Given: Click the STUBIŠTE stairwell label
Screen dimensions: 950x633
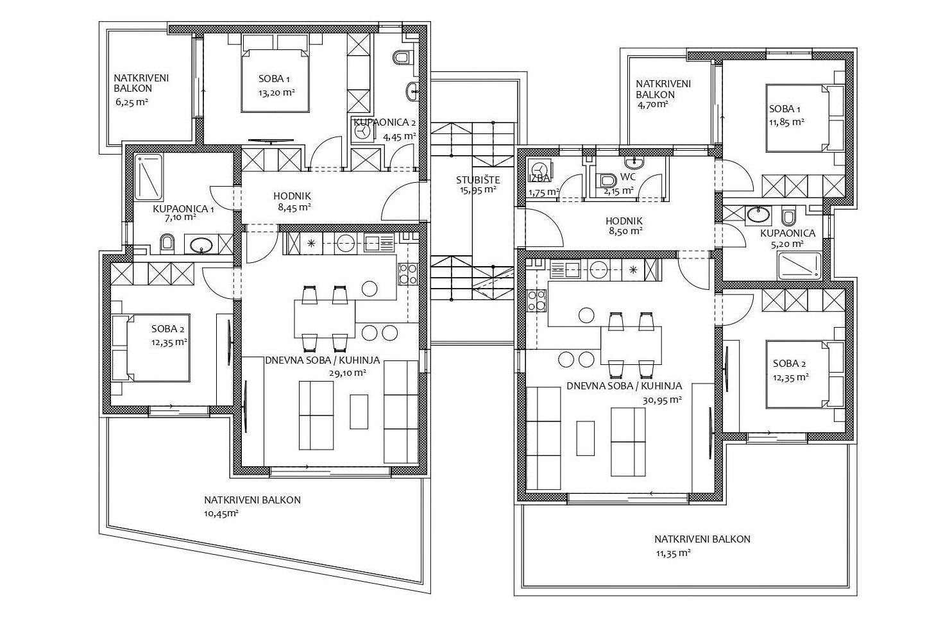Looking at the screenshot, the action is pyautogui.click(x=478, y=180).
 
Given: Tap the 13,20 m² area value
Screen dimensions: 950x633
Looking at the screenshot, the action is pyautogui.click(x=276, y=93).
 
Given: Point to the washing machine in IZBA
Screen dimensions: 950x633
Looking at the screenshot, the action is pyautogui.click(x=540, y=169).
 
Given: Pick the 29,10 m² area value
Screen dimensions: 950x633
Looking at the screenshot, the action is pyautogui.click(x=347, y=373).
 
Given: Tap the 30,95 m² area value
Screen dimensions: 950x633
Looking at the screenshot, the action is pyautogui.click(x=662, y=400).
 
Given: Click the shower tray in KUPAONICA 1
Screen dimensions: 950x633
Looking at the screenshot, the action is pyautogui.click(x=148, y=177).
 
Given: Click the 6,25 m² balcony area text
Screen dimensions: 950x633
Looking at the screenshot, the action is pyautogui.click(x=131, y=102).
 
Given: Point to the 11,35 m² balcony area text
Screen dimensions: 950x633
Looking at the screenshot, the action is pyautogui.click(x=674, y=553).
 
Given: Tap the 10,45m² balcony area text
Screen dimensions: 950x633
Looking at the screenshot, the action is pyautogui.click(x=221, y=514).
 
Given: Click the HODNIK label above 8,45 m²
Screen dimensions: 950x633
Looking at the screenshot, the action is pyautogui.click(x=293, y=196).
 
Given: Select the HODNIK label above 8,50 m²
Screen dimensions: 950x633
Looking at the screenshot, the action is pyautogui.click(x=624, y=221).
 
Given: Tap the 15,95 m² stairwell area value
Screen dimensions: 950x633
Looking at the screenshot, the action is pyautogui.click(x=478, y=190).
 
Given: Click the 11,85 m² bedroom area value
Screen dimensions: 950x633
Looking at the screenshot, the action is pyautogui.click(x=787, y=122).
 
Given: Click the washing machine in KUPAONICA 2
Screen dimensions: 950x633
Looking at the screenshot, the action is pyautogui.click(x=362, y=133).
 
